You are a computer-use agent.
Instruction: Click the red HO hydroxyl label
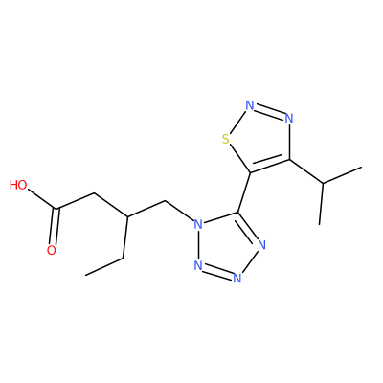click(x=18, y=185)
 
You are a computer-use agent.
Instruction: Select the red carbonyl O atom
click(x=52, y=250)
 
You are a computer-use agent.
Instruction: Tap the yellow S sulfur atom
click(x=226, y=140)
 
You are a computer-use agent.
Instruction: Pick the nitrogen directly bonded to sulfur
click(x=250, y=105)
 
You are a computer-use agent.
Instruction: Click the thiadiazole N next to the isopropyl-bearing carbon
click(x=289, y=119)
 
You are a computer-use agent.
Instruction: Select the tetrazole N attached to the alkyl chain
click(x=198, y=224)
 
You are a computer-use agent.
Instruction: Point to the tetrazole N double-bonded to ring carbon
click(x=261, y=245)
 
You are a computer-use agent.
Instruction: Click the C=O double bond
click(x=55, y=227)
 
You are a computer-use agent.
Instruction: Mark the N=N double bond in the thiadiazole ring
click(x=269, y=112)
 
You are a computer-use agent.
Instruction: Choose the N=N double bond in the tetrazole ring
click(x=217, y=272)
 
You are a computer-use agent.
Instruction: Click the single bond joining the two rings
click(x=244, y=192)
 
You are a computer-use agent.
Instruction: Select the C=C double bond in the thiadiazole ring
click(x=270, y=166)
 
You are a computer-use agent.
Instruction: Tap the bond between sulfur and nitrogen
click(x=237, y=123)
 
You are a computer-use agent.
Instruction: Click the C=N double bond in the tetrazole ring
click(x=248, y=227)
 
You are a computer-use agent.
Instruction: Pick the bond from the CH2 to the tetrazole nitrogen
click(x=180, y=211)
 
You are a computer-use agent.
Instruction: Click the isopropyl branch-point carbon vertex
click(x=323, y=183)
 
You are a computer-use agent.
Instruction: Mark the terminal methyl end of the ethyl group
click(x=85, y=275)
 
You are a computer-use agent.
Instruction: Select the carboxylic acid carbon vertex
click(x=57, y=209)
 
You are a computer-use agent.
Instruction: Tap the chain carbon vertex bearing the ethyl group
click(x=127, y=217)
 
